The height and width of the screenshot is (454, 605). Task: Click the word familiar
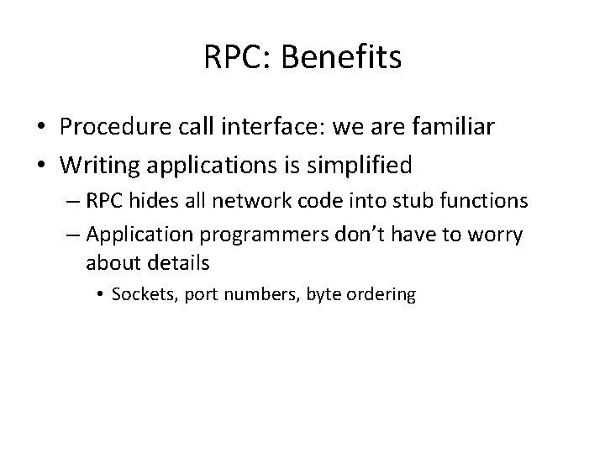(450, 128)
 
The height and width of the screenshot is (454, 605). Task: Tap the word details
(177, 262)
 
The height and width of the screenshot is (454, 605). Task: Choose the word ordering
(384, 295)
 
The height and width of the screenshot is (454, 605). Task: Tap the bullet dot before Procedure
(41, 129)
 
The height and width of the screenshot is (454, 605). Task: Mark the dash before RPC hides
(71, 202)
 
